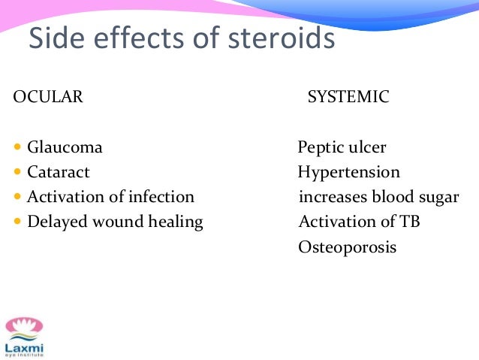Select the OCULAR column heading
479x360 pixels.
pyautogui.click(x=48, y=96)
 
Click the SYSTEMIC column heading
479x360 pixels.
pyautogui.click(x=348, y=96)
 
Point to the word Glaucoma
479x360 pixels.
pyautogui.click(x=65, y=147)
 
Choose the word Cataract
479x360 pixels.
pyautogui.click(x=59, y=172)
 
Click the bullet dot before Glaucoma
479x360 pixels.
pyautogui.click(x=18, y=147)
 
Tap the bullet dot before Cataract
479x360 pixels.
pyautogui.click(x=18, y=172)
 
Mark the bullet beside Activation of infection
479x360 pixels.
pyautogui.click(x=18, y=197)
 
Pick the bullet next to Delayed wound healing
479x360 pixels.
pyautogui.click(x=18, y=222)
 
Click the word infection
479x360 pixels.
pyautogui.click(x=160, y=197)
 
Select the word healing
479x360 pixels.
pyautogui.click(x=176, y=222)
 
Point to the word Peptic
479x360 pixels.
pyautogui.click(x=321, y=147)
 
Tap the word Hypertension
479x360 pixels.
pyautogui.click(x=348, y=172)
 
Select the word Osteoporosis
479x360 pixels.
pyautogui.click(x=347, y=247)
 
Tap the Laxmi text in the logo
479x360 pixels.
pyautogui.click(x=24, y=347)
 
